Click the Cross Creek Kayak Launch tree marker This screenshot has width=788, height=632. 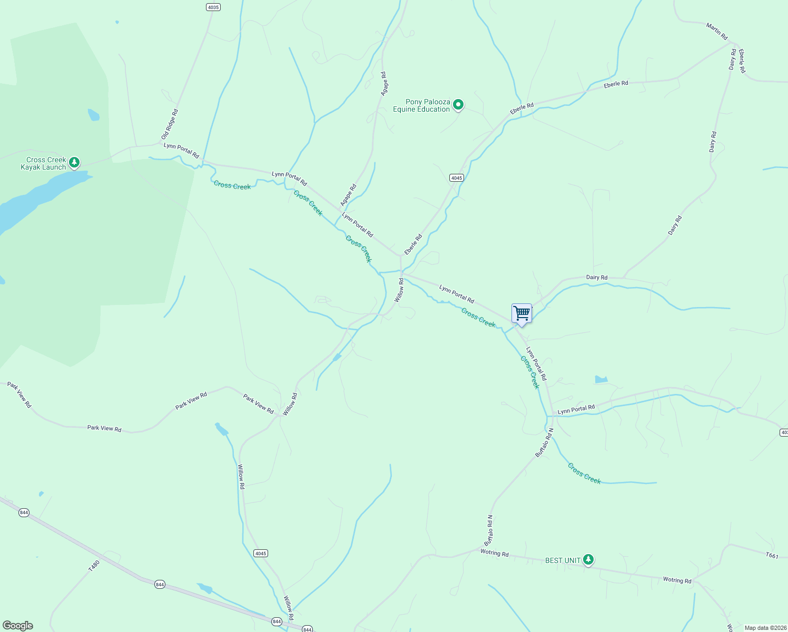pos(75,162)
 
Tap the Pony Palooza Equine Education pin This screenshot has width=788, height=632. pos(458,105)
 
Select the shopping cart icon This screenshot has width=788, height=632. pos(521,313)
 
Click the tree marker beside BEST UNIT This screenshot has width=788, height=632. pos(588,560)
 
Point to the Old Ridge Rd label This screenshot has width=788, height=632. pos(170,124)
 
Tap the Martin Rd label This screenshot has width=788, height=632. pos(717,32)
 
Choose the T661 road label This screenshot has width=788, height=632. pos(772,555)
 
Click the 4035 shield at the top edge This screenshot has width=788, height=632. pos(213,7)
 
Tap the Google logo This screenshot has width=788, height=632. pos(18,626)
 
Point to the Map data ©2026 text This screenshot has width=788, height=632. pos(765,628)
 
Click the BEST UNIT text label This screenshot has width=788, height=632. pos(563,560)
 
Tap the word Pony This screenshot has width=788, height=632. pos(413,102)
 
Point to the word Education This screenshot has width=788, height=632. pos(435,110)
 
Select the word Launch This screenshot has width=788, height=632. pos(55,167)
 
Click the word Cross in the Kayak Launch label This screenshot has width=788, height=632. pos(36,160)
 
